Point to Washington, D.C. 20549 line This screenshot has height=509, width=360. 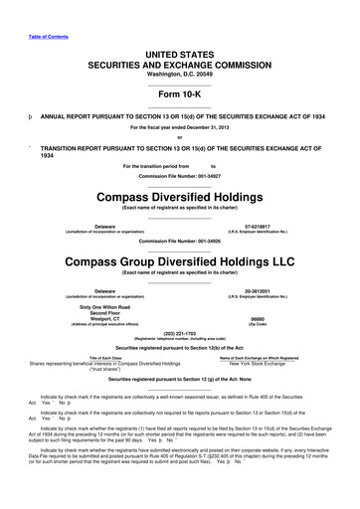point(179,73)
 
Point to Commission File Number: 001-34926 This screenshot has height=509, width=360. point(179,242)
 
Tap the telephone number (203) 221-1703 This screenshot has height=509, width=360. point(179,333)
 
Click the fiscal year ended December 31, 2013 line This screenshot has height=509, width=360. point(179,128)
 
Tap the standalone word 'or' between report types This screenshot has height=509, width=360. point(179,137)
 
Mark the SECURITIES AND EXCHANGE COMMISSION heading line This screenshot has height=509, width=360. point(179,62)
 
